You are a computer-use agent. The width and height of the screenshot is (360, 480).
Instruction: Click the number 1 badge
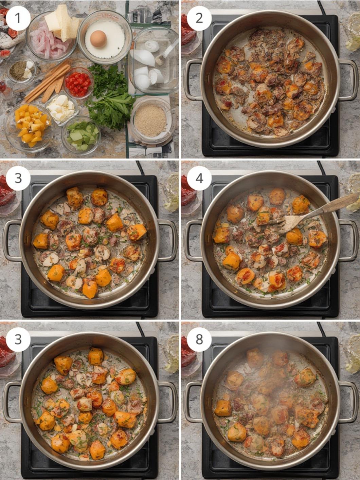click(18, 18)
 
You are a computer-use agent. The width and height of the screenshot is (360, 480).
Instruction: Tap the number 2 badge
click(199, 18)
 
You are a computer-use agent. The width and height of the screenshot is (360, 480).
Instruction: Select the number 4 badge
click(199, 179)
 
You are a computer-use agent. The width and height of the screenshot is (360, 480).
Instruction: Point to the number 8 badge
click(199, 339)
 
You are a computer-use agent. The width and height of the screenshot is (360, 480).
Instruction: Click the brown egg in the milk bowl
click(98, 38)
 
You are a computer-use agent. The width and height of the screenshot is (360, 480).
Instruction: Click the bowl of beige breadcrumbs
click(151, 121)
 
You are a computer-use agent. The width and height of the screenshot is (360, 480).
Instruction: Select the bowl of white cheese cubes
click(62, 108)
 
